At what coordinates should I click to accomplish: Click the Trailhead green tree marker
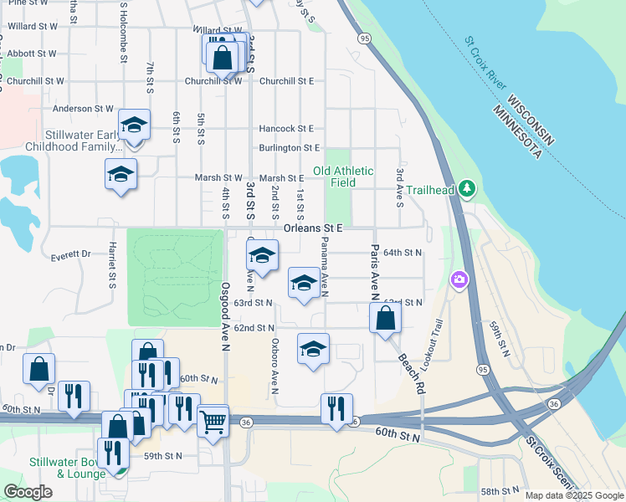tap(468, 190)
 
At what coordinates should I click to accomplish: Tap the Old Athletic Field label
tap(343, 177)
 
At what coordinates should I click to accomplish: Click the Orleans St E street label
tap(314, 228)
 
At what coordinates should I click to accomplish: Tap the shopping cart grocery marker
tap(213, 420)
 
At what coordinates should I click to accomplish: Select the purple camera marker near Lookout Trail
tap(459, 279)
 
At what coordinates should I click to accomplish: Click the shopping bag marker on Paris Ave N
tap(385, 318)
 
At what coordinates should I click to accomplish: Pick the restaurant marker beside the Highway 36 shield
tap(336, 408)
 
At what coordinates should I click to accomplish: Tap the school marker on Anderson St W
tap(134, 125)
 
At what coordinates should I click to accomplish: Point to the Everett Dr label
tap(70, 254)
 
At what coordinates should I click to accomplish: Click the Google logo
tap(28, 492)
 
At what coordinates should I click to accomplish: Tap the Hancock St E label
tap(285, 129)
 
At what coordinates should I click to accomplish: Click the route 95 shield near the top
tap(364, 38)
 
